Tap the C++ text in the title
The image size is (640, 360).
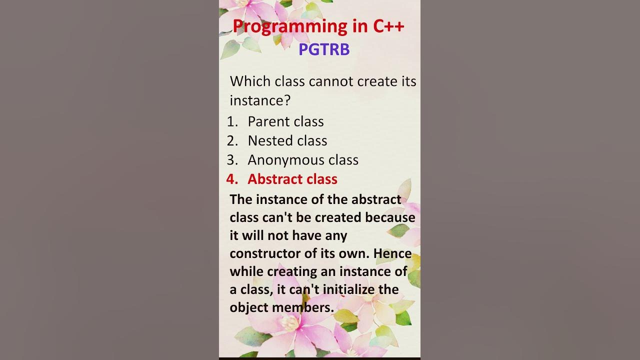coord(389,26)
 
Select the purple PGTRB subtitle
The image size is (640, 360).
coord(324,49)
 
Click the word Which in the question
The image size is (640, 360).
coord(250,81)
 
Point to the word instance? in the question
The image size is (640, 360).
coord(260,100)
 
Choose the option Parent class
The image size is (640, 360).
coord(285,121)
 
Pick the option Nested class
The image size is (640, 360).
coord(287,141)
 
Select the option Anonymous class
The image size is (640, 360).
coord(303,160)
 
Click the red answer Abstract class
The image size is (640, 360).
coord(292,179)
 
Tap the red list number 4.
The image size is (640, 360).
coord(232,179)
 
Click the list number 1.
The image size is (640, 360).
coord(232,121)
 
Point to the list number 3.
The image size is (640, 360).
coord(232,160)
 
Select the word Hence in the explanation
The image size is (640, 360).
coord(392,253)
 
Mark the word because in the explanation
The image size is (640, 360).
coord(390,217)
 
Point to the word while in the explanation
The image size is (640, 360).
coord(246,271)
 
